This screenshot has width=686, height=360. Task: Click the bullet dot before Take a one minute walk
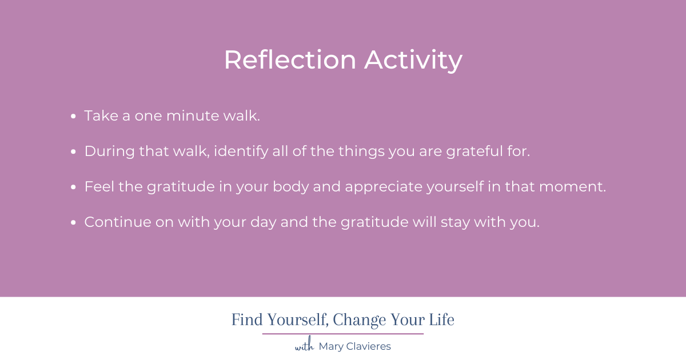click(x=74, y=117)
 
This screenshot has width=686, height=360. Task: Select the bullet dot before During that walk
click(x=74, y=152)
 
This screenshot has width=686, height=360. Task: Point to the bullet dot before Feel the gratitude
click(x=74, y=187)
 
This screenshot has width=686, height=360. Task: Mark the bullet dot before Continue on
click(x=74, y=223)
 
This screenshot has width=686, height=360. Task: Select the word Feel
click(x=98, y=187)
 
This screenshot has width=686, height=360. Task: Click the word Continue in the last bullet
click(x=117, y=222)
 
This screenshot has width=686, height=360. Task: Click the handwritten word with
click(x=304, y=346)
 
